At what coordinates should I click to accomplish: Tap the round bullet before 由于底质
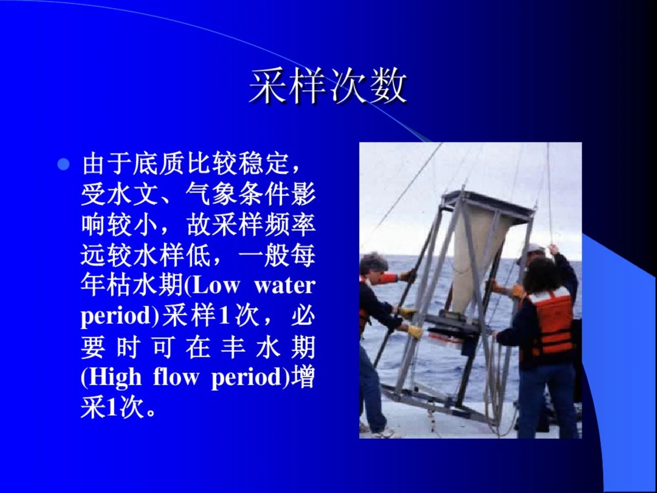(64, 164)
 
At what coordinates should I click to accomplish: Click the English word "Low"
(216, 286)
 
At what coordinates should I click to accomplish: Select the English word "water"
(285, 286)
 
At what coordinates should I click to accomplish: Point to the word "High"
(114, 378)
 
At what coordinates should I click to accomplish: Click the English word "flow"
(176, 377)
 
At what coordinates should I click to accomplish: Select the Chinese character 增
(303, 378)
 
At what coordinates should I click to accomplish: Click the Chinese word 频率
(289, 225)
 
